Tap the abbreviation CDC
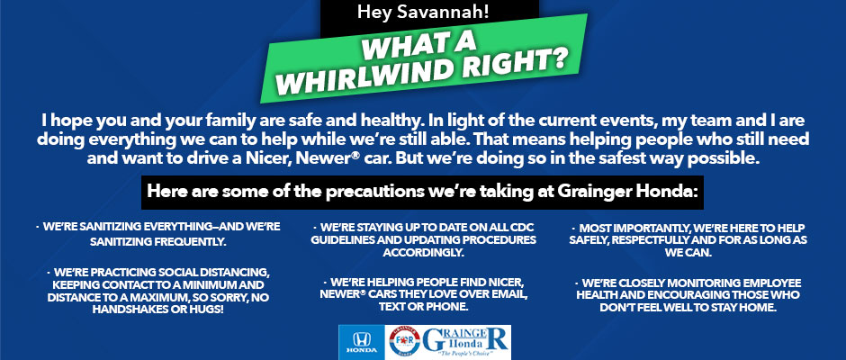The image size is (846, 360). (521, 227)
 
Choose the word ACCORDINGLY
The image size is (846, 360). (424, 252)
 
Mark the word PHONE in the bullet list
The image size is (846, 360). (449, 307)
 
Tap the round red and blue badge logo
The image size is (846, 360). (405, 342)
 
